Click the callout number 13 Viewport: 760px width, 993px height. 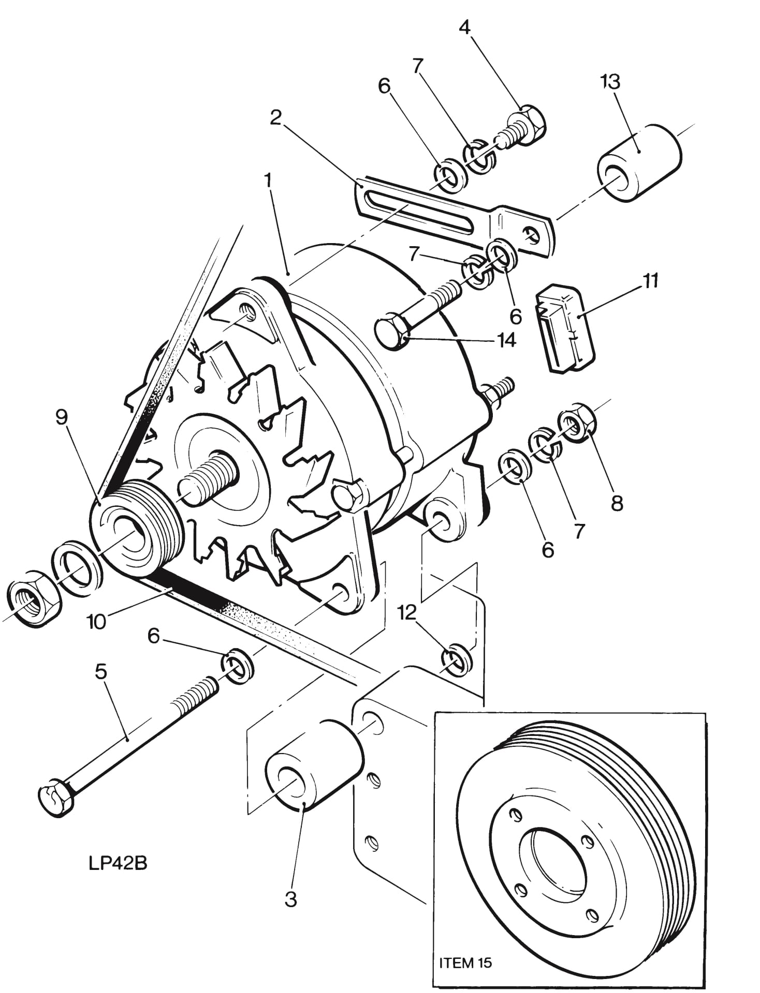tap(611, 82)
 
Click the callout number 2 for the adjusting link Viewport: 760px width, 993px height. tap(275, 117)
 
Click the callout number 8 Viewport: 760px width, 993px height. tap(616, 503)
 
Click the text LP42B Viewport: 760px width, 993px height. tap(118, 863)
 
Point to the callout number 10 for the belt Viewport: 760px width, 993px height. tap(97, 621)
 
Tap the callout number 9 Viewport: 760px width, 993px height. tap(62, 417)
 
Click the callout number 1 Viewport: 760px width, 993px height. tap(268, 180)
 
